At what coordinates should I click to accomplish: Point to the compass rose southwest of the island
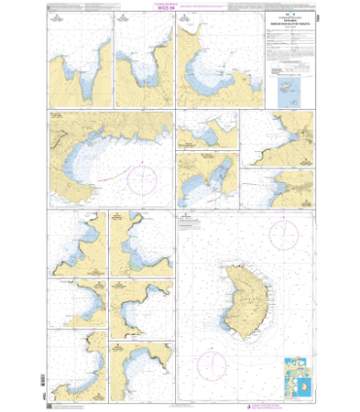[213, 365]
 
